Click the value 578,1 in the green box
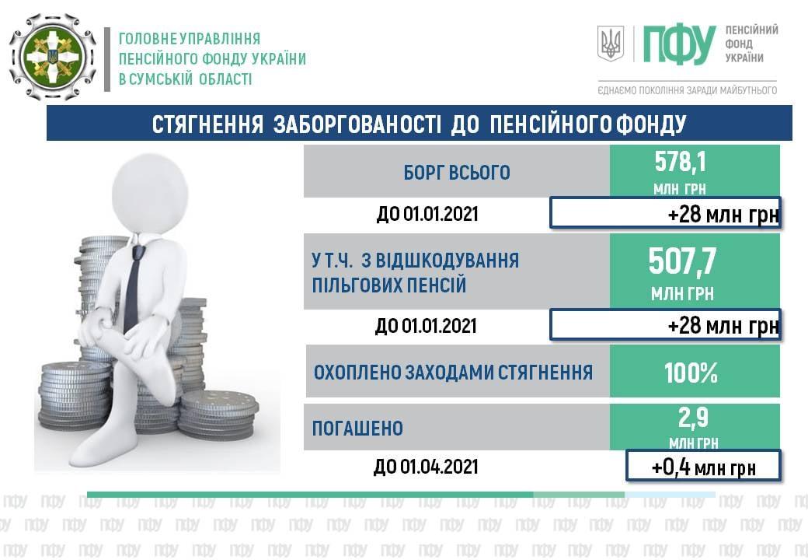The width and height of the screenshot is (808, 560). (x=680, y=162)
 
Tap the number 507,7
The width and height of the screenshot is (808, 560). (x=682, y=261)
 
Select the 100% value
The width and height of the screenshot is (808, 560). (x=691, y=373)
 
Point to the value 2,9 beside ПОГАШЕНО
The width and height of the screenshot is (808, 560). (x=693, y=418)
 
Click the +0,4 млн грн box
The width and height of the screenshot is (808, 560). (x=703, y=466)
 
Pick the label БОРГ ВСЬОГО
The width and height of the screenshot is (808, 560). (x=457, y=172)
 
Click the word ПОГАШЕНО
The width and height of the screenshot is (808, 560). (x=357, y=428)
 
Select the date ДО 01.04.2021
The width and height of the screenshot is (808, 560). (x=426, y=467)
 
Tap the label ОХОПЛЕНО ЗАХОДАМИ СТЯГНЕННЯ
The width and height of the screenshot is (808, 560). (x=454, y=373)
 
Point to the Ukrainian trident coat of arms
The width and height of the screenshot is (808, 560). (x=611, y=44)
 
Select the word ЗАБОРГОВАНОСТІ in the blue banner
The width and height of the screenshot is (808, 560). (x=357, y=124)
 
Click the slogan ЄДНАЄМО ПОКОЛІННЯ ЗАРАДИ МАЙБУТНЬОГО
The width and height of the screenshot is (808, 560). (x=687, y=91)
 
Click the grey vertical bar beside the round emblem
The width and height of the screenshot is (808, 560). (x=107, y=59)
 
